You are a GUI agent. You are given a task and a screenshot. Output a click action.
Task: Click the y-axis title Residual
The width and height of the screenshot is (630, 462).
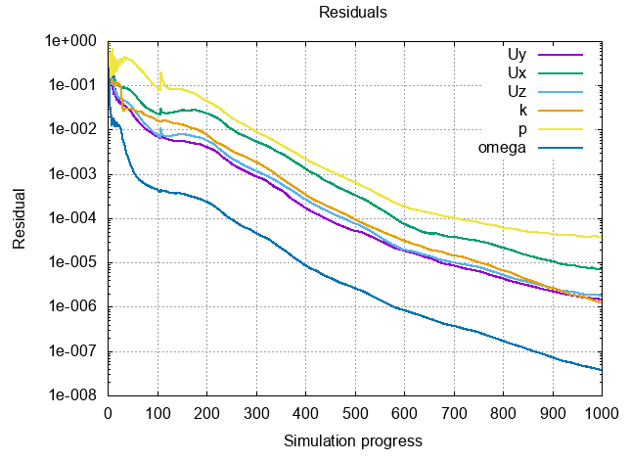[x=20, y=218]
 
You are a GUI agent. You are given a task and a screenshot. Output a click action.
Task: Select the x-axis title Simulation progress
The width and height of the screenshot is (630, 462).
[x=353, y=440]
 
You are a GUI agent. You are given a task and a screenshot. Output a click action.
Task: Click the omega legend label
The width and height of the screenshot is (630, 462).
[x=503, y=148]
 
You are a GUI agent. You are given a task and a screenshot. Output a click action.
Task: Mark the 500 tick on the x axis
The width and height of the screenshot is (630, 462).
[x=355, y=414]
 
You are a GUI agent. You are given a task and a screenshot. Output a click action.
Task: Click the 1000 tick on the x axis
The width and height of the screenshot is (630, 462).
[x=601, y=414]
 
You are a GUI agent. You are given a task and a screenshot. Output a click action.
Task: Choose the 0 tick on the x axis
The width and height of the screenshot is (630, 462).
[x=108, y=414]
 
